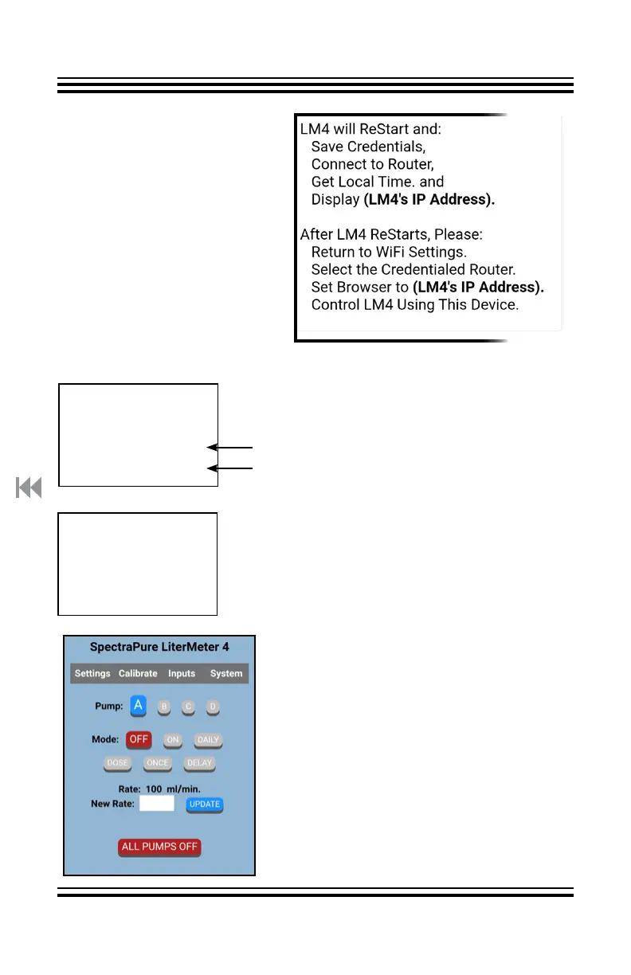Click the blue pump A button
pyautogui.click(x=139, y=705)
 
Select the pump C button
pyautogui.click(x=189, y=707)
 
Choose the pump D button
pyautogui.click(x=212, y=707)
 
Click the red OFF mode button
pyautogui.click(x=139, y=739)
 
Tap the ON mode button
pyautogui.click(x=172, y=740)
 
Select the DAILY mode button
pyautogui.click(x=208, y=740)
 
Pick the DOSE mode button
pyautogui.click(x=117, y=763)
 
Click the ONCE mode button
pyautogui.click(x=158, y=763)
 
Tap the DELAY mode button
pyautogui.click(x=199, y=763)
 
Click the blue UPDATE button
pyautogui.click(x=205, y=805)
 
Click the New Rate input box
pyautogui.click(x=157, y=804)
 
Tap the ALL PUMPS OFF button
pyautogui.click(x=159, y=847)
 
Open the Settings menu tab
pyautogui.click(x=92, y=674)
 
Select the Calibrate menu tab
pyautogui.click(x=138, y=674)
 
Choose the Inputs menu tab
pyautogui.click(x=182, y=674)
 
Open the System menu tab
pyautogui.click(x=226, y=674)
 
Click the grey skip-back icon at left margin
pyautogui.click(x=29, y=487)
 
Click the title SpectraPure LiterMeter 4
pyautogui.click(x=159, y=648)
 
